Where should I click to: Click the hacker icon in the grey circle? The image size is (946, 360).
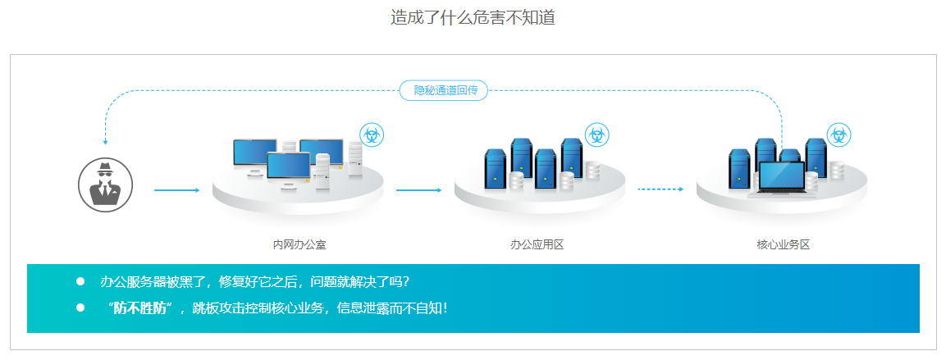[x=105, y=185]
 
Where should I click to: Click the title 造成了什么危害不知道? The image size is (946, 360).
[x=473, y=17]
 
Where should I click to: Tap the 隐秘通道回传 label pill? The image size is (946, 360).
[x=443, y=90]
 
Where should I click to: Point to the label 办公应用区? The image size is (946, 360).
[x=537, y=244]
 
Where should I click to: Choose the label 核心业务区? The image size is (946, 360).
[x=783, y=244]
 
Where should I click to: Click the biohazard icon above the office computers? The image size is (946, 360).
[x=372, y=135]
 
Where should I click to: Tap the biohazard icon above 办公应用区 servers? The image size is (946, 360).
[x=597, y=135]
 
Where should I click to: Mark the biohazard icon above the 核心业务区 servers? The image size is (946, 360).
[x=839, y=135]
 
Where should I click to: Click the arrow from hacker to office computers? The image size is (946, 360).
[x=176, y=190]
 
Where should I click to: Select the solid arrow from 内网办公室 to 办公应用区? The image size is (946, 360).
[x=418, y=190]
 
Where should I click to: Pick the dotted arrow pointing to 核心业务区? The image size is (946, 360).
[x=660, y=189]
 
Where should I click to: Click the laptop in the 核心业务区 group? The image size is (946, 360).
[x=783, y=180]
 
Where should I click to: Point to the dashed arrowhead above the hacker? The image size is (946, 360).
[x=105, y=141]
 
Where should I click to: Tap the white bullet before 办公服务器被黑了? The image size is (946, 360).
[x=80, y=281]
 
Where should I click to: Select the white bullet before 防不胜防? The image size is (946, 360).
[x=80, y=308]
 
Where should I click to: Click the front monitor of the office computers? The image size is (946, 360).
[x=289, y=166]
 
